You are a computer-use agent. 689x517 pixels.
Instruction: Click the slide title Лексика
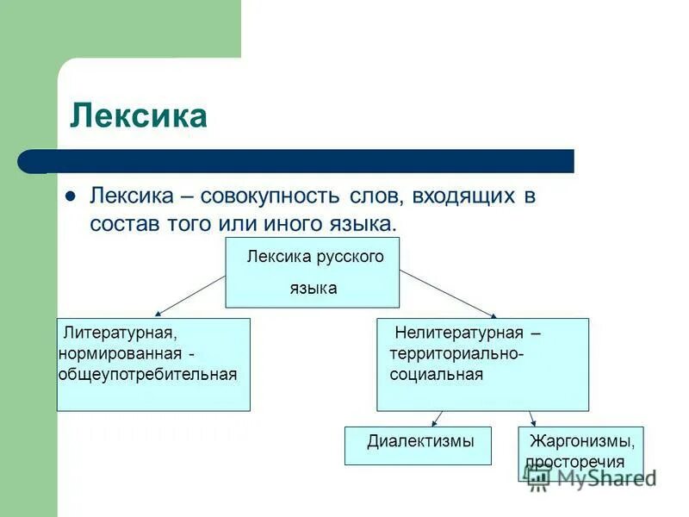(138, 115)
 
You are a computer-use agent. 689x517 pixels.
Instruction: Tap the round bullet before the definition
(72, 195)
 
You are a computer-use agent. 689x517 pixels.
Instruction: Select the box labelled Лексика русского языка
(312, 272)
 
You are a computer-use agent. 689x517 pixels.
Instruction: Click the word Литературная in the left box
(119, 333)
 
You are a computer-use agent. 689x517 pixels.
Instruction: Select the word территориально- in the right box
(456, 354)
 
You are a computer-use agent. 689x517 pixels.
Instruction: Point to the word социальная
(436, 375)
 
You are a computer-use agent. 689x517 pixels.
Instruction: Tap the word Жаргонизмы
(582, 442)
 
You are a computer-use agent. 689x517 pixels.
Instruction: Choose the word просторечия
(574, 461)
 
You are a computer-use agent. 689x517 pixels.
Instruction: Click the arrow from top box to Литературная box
(189, 296)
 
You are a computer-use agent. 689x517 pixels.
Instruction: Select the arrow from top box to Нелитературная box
(448, 294)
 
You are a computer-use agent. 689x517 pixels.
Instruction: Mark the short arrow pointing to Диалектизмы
(438, 419)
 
